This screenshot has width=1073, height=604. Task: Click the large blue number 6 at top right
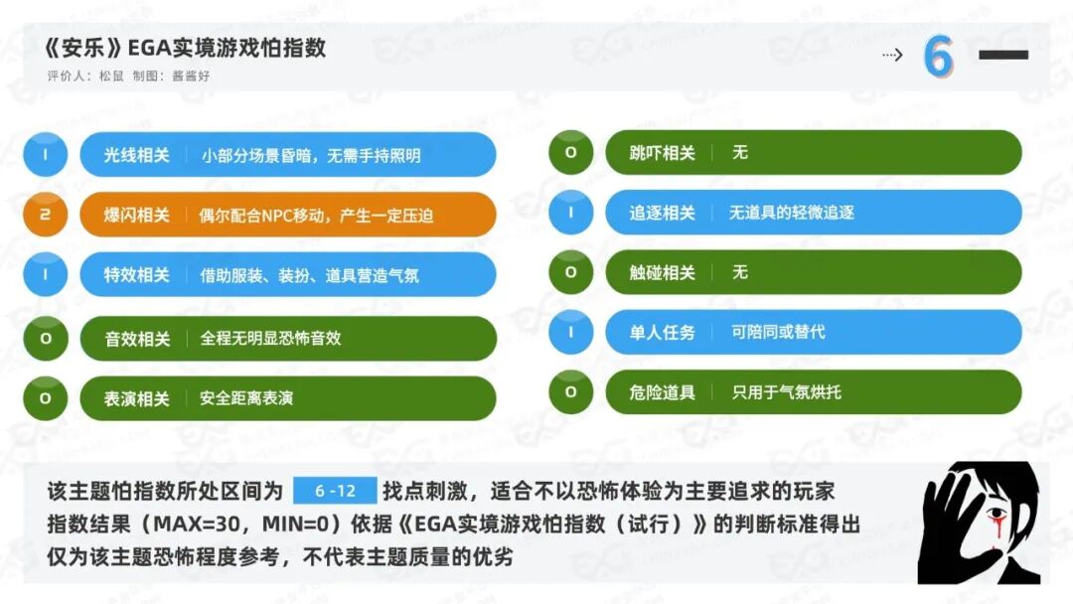coord(938,56)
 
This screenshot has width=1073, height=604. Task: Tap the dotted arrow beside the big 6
coord(892,55)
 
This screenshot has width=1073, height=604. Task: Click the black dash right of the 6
coord(1003,55)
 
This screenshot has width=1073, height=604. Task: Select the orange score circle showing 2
coord(45,215)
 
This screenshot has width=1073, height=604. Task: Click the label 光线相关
coord(136,155)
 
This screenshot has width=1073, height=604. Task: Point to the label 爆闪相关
coord(136,215)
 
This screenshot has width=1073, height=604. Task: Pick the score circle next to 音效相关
coord(45,338)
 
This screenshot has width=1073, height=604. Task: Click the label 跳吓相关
coord(662,153)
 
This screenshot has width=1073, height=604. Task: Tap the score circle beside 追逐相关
coord(570,212)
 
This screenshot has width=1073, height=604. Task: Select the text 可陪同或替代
coord(778,332)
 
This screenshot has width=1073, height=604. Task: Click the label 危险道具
coord(662,392)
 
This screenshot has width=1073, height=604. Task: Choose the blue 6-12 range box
coord(335,491)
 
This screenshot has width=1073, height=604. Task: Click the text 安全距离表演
coord(246,397)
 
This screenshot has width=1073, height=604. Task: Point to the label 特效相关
coord(136,275)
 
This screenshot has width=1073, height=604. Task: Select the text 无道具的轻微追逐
coord(791,213)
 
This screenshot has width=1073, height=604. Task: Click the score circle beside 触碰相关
coord(570,272)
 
